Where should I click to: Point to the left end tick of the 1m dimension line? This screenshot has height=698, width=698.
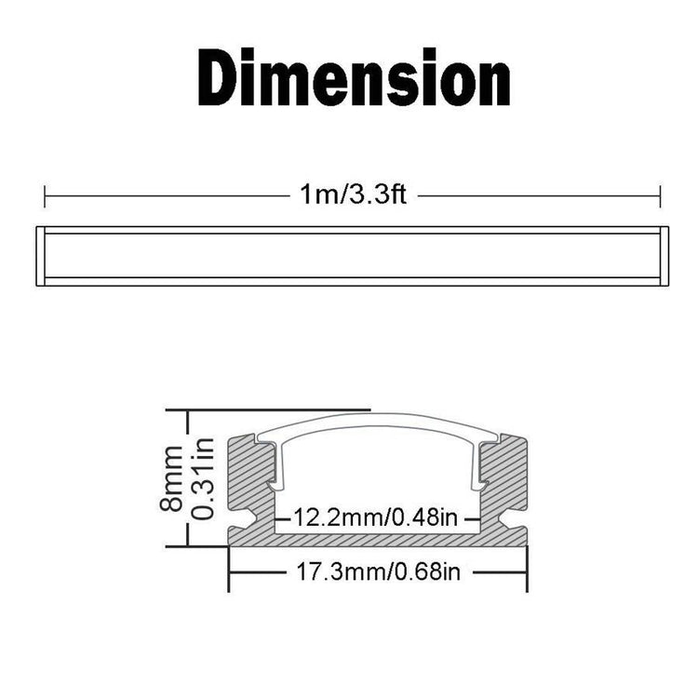[x=45, y=196]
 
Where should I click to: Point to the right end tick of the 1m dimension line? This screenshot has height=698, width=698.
[x=660, y=196]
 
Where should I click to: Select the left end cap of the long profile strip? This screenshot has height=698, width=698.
[x=40, y=255]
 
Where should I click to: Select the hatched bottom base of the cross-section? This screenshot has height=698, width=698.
[x=378, y=540]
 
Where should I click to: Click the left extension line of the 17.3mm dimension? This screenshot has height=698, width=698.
[x=230, y=568]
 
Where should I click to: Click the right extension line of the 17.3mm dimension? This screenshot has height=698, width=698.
[x=527, y=568]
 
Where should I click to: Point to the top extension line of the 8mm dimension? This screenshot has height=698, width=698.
[x=270, y=409]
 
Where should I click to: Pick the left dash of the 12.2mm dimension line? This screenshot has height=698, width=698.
[x=284, y=517]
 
